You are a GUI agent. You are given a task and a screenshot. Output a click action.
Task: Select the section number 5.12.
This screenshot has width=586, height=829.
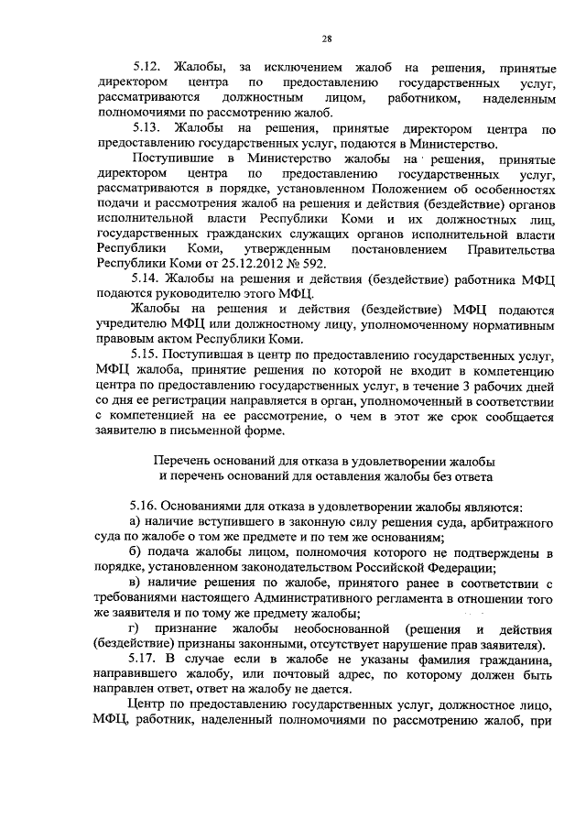coord(147,68)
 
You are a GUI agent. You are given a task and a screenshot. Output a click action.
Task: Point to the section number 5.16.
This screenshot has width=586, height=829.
coord(147,507)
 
